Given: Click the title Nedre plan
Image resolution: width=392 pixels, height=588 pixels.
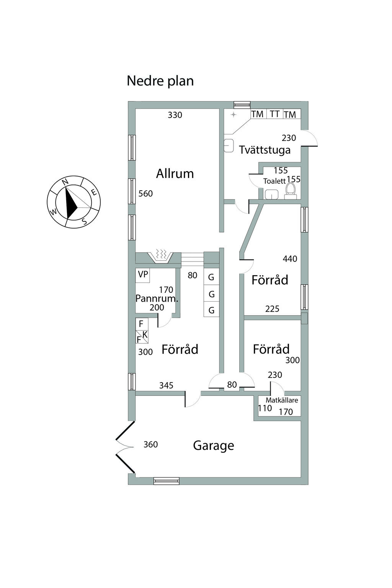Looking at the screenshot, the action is click(160, 81).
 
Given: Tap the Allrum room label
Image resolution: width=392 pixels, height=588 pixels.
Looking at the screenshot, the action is click(175, 174).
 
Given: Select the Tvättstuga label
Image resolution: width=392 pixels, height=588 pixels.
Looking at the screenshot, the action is click(265, 150).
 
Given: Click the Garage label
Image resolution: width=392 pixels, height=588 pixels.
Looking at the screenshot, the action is click(213, 446).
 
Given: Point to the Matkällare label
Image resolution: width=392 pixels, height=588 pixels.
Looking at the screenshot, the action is click(282, 400).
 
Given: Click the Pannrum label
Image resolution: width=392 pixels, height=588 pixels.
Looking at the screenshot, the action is click(157, 299).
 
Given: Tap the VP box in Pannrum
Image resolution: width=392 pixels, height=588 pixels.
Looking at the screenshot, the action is click(143, 274).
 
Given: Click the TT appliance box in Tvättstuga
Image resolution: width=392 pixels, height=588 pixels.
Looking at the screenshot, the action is click(274, 114).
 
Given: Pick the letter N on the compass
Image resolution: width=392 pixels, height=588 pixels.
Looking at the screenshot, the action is click(65, 182).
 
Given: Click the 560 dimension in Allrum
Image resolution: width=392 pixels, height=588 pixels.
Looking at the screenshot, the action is click(145, 194).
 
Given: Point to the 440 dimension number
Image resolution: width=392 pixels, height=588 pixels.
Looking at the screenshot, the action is click(290, 259).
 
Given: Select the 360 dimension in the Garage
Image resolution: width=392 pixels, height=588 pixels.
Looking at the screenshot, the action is click(150, 444).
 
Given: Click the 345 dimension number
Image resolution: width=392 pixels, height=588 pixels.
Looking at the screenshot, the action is click(166, 385).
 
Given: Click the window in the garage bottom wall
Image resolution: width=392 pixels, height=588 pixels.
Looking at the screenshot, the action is click(166, 481).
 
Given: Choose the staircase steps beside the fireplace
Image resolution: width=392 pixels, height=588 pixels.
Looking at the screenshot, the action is click(192, 259).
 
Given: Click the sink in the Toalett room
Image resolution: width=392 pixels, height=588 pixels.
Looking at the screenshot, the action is click(272, 194).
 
